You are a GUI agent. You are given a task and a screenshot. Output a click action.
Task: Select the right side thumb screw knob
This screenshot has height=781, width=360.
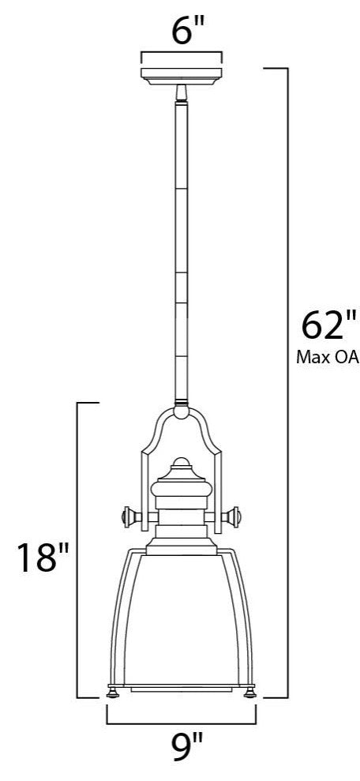point(235,517)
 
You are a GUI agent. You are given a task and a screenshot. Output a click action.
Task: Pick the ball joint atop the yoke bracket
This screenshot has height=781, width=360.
point(180,410)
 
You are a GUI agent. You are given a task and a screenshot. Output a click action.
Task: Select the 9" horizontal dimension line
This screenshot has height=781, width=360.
point(181,723)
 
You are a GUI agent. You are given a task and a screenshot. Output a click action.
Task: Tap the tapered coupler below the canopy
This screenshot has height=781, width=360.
point(180,93)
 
